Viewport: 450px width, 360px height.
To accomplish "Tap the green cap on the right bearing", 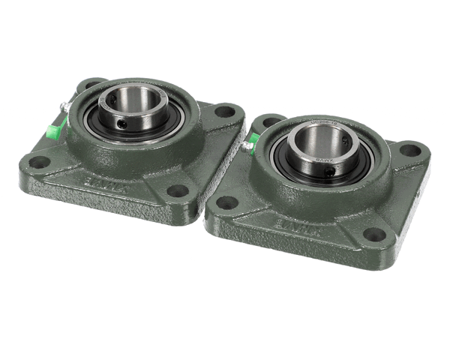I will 254,138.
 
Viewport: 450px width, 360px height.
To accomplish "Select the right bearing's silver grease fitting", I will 247,146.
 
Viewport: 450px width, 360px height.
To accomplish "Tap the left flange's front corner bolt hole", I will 177,190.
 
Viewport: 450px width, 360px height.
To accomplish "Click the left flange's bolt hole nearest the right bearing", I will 223,112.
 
